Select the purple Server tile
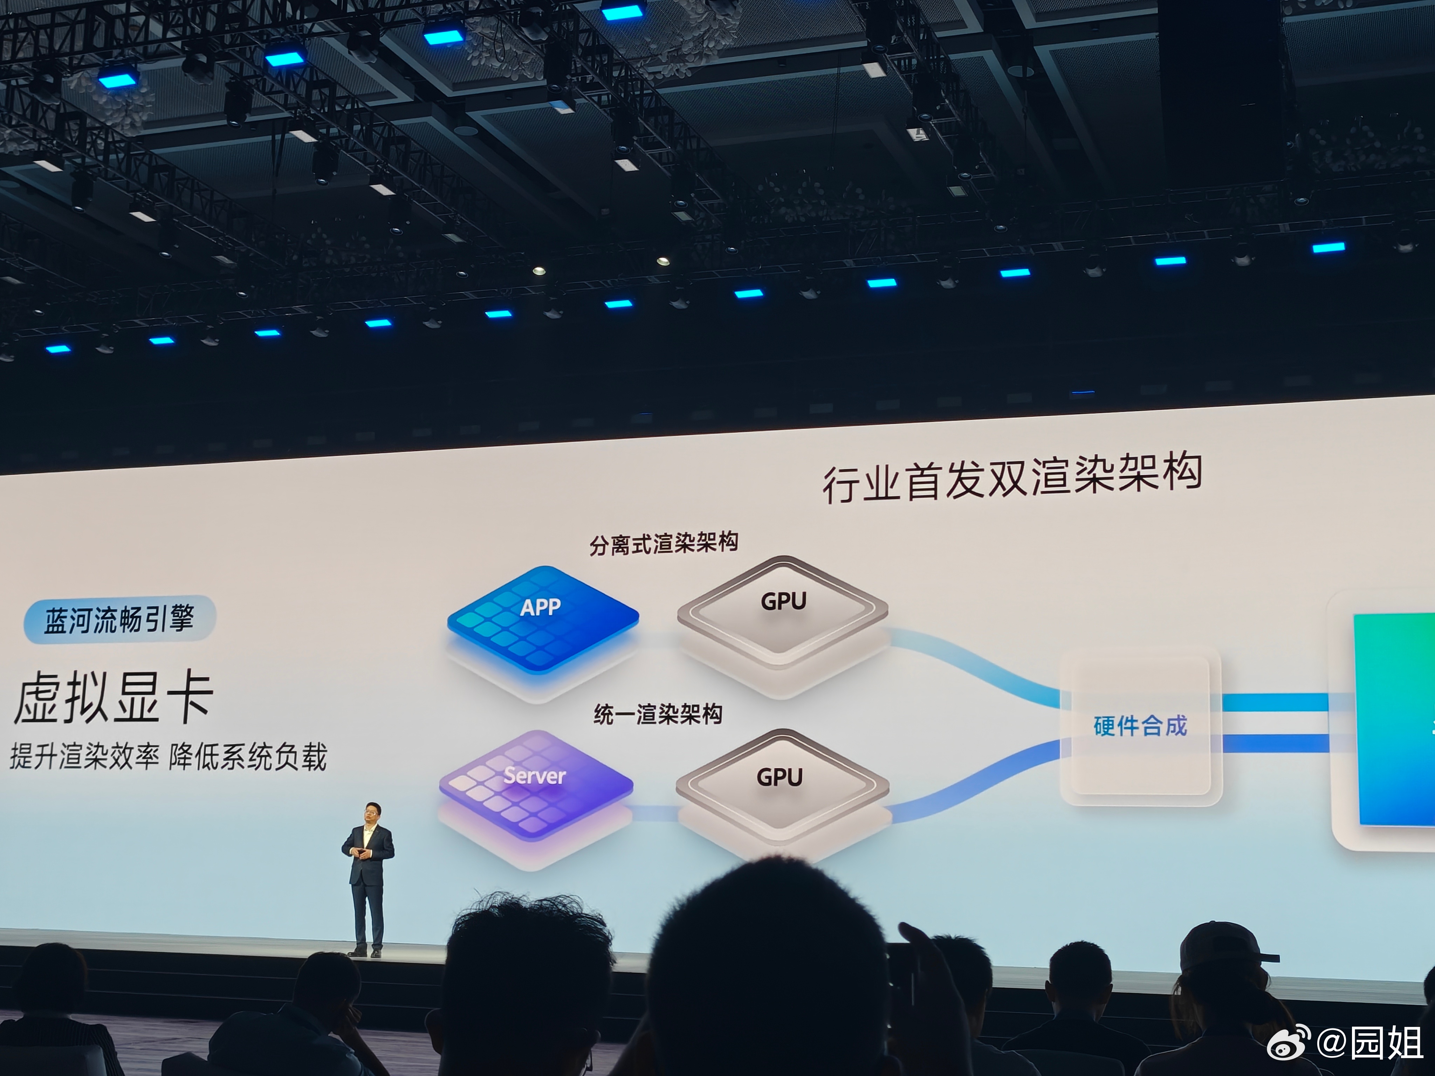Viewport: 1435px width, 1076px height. [535, 785]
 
